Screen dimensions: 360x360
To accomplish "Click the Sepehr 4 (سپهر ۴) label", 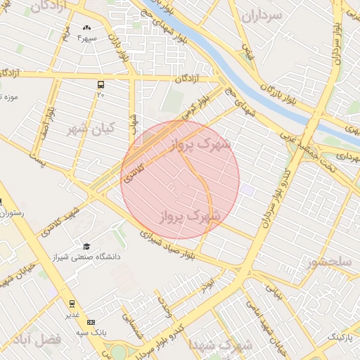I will (x=90, y=37).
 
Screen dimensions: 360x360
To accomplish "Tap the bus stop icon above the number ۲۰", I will (x=101, y=84).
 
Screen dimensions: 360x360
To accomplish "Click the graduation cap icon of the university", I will (x=86, y=246).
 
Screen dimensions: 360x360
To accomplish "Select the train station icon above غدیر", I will (x=72, y=303).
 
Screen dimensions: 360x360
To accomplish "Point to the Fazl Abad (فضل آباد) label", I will (x=42, y=339).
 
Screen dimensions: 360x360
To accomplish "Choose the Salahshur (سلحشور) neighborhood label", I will (x=328, y=262).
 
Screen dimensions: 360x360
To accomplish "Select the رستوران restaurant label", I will (x=13, y=212).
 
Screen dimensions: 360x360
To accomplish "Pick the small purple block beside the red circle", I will (x=246, y=188).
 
